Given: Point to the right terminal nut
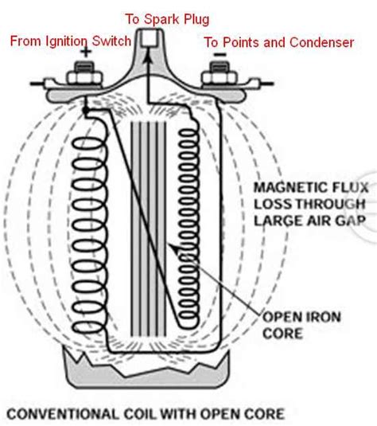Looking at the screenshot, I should tap(220, 77).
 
